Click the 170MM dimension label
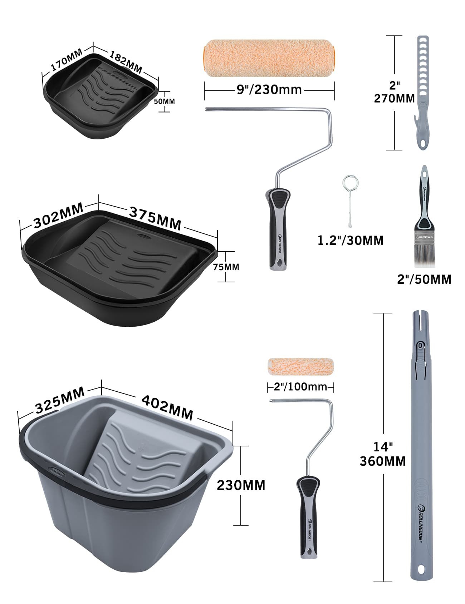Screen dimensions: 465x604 point(67,59)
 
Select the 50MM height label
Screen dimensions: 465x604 point(164,101)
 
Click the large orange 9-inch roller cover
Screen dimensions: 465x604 point(269,58)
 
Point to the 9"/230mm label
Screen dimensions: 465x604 point(269,89)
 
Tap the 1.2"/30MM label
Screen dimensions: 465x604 point(351,241)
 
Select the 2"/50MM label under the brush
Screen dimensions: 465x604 point(424,279)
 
